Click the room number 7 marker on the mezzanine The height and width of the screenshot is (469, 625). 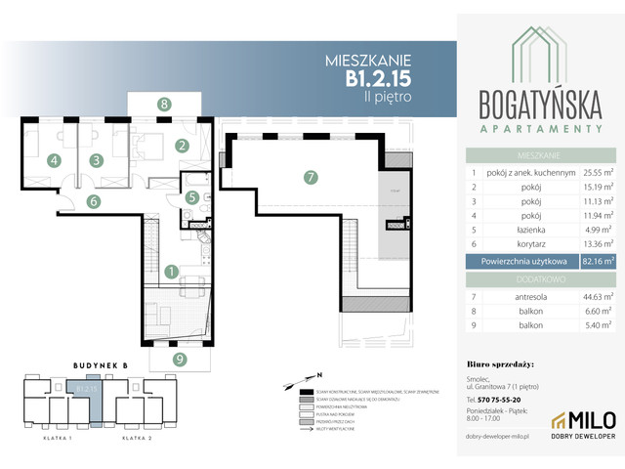310,178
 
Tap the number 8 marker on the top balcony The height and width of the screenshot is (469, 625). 165,104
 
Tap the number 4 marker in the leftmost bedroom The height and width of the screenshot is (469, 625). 55,160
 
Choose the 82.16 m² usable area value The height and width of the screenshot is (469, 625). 598,261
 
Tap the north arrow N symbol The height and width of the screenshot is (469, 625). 317,374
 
